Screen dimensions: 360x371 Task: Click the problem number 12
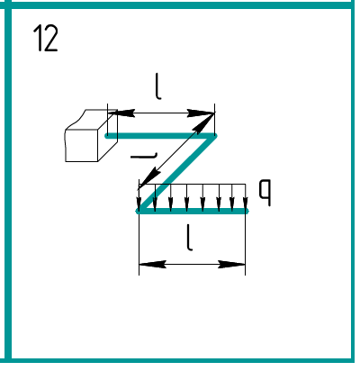(45, 38)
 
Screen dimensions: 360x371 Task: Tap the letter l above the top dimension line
(158, 86)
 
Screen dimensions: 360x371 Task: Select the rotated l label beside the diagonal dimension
(144, 155)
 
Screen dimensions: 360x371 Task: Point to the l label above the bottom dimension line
(189, 237)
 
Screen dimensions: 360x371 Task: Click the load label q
(265, 193)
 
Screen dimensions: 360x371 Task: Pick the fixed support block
(91, 136)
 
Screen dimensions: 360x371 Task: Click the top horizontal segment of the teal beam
(161, 136)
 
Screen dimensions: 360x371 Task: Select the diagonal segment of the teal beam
(177, 174)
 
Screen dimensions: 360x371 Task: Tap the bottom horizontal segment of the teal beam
(192, 211)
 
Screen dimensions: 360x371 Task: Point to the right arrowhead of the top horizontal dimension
(201, 113)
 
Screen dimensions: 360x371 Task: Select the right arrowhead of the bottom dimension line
(231, 265)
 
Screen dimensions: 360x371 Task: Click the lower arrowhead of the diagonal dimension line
(149, 179)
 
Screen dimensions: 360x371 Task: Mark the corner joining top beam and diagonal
(214, 136)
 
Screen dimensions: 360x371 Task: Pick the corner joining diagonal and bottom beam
(139, 211)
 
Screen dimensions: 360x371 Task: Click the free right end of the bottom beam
(247, 211)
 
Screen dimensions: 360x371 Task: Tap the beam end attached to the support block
(107, 136)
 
